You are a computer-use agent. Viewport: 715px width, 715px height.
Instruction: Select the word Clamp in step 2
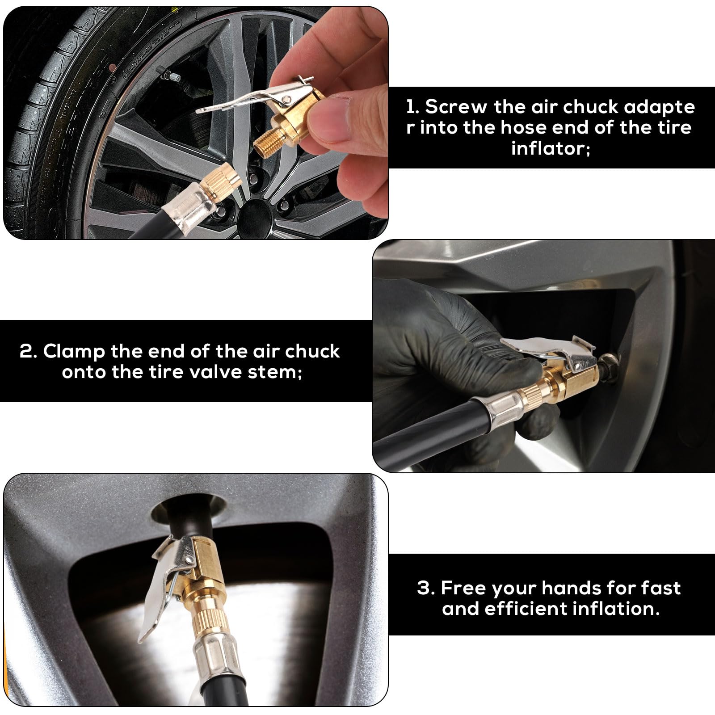pos(74,352)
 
